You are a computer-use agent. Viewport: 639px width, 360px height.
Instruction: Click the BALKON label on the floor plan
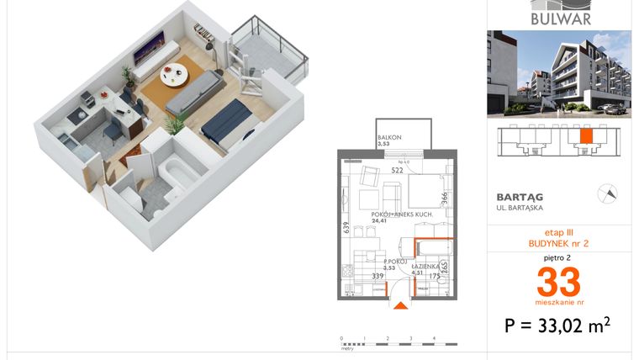(x=388, y=137)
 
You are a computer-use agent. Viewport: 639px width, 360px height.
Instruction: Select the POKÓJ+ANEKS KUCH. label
(x=397, y=215)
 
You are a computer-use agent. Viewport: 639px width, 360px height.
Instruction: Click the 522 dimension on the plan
(x=397, y=170)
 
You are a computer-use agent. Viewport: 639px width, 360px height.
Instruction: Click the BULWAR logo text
(x=561, y=18)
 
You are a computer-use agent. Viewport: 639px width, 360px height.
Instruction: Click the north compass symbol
(x=605, y=193)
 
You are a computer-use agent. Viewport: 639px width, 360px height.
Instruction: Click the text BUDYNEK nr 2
(x=558, y=242)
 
